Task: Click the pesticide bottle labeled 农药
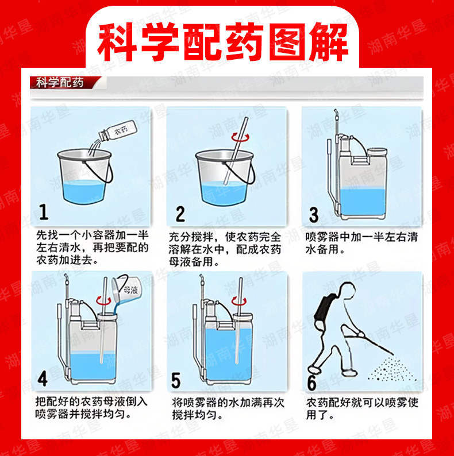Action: click(118, 130)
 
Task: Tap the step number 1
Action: click(43, 212)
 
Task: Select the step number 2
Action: click(180, 214)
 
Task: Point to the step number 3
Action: click(314, 215)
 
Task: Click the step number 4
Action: click(43, 379)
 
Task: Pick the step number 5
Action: click(176, 380)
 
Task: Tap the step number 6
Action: click(311, 382)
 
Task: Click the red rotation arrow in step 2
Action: click(240, 137)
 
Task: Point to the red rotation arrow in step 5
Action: click(239, 301)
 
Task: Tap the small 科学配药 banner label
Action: click(60, 83)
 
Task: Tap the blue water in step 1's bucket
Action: click(84, 191)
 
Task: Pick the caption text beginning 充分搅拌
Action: click(225, 249)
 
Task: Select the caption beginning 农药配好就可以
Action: click(362, 408)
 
